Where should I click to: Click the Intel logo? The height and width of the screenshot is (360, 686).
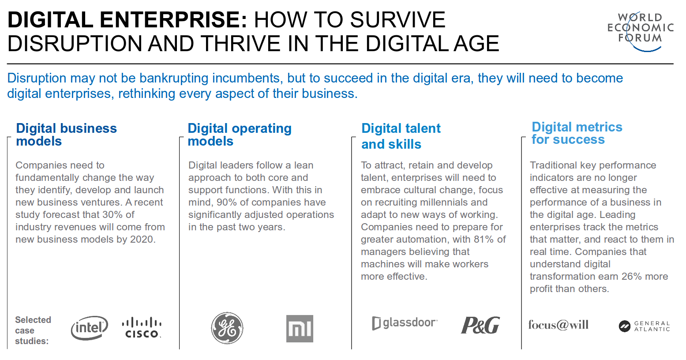pyautogui.click(x=90, y=328)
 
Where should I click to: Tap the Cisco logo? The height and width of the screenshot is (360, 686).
pyautogui.click(x=142, y=327)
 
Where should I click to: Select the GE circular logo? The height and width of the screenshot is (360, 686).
pyautogui.click(x=227, y=328)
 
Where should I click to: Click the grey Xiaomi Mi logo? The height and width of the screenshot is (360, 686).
pyautogui.click(x=300, y=328)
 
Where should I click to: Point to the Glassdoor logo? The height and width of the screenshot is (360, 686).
pyautogui.click(x=405, y=323)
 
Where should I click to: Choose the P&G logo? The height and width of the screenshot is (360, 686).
pyautogui.click(x=480, y=325)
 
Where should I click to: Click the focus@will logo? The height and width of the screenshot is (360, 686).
pyautogui.click(x=559, y=325)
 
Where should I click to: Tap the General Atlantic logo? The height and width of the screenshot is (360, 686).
pyautogui.click(x=644, y=326)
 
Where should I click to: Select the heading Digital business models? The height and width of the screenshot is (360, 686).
pyautogui.click(x=66, y=135)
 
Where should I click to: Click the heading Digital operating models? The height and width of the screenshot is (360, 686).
pyautogui.click(x=240, y=135)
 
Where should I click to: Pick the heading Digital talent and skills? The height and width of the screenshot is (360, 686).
pyautogui.click(x=401, y=136)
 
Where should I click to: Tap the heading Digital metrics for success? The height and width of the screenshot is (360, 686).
pyautogui.click(x=577, y=133)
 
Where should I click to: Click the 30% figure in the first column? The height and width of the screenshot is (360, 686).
pyautogui.click(x=112, y=214)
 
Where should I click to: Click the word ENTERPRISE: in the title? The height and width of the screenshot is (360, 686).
pyautogui.click(x=173, y=19)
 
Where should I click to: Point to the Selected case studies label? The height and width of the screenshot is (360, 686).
pyautogui.click(x=33, y=330)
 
